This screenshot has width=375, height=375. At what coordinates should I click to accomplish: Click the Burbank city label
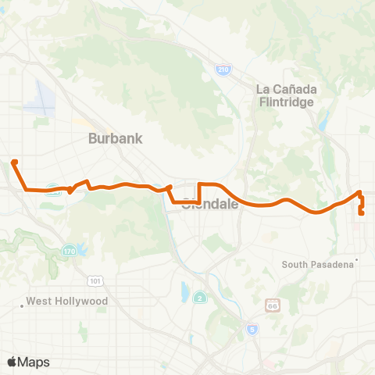[116, 139]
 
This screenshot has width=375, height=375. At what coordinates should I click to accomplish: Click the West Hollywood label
[66, 301]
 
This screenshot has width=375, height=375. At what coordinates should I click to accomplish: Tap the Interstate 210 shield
[223, 70]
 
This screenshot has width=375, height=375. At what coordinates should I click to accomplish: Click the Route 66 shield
[272, 303]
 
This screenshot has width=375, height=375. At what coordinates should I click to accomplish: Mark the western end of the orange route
[14, 162]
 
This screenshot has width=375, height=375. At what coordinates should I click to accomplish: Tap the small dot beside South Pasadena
[356, 259]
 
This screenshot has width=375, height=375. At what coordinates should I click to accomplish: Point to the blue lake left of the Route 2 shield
[184, 292]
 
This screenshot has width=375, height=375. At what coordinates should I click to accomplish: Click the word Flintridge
[286, 102]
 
